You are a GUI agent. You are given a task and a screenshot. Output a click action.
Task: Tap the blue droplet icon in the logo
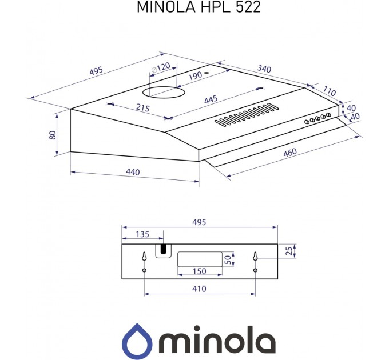(137, 341)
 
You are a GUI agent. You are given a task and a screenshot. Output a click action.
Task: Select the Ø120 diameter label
(161, 68)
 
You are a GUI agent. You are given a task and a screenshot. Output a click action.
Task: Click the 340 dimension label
(264, 69)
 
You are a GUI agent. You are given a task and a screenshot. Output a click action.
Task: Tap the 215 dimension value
(142, 108)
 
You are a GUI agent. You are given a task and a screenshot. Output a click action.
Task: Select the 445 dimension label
(211, 99)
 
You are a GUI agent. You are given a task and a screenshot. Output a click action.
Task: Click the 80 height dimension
(52, 135)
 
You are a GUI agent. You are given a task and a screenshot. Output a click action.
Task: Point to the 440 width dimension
(132, 172)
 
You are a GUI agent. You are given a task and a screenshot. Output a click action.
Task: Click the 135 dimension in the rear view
(142, 234)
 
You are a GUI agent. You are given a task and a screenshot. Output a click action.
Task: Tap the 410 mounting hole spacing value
(199, 289)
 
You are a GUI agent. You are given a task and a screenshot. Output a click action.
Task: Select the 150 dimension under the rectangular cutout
(199, 271)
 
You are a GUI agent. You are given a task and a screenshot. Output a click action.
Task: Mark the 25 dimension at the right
(289, 250)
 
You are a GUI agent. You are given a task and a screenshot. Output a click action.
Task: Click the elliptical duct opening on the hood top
(163, 90)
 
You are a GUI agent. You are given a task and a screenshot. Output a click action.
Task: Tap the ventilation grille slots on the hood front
(246, 114)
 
